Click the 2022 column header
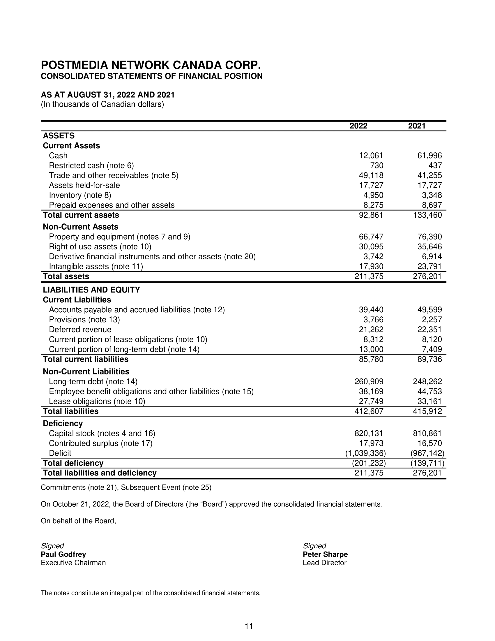[358, 126]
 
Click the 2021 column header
[417, 126]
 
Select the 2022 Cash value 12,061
[371, 156]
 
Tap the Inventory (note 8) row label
[80, 195]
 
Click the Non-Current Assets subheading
[81, 227]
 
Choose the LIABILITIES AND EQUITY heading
[91, 290]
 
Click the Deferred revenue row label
[80, 330]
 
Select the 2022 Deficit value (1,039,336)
[365, 453]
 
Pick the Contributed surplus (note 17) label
[100, 443]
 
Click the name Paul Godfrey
[63, 554]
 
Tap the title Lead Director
[325, 563]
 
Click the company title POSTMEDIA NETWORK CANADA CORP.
[151, 65]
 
